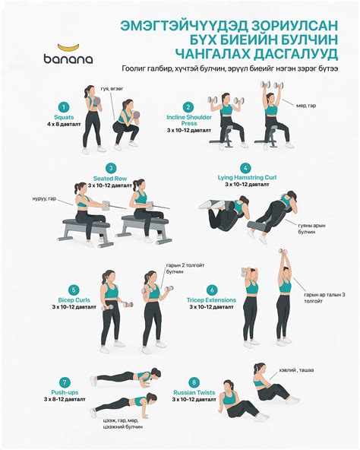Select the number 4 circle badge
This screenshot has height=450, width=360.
[x=245, y=168]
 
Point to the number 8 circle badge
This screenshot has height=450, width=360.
[x=195, y=382]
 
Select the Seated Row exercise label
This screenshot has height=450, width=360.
[x=110, y=179]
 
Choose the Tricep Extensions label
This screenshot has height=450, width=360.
[x=211, y=300]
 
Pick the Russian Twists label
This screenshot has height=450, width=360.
[x=195, y=392]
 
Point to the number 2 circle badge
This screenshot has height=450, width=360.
[x=188, y=107]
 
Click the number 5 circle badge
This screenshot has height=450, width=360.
[x=74, y=290]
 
